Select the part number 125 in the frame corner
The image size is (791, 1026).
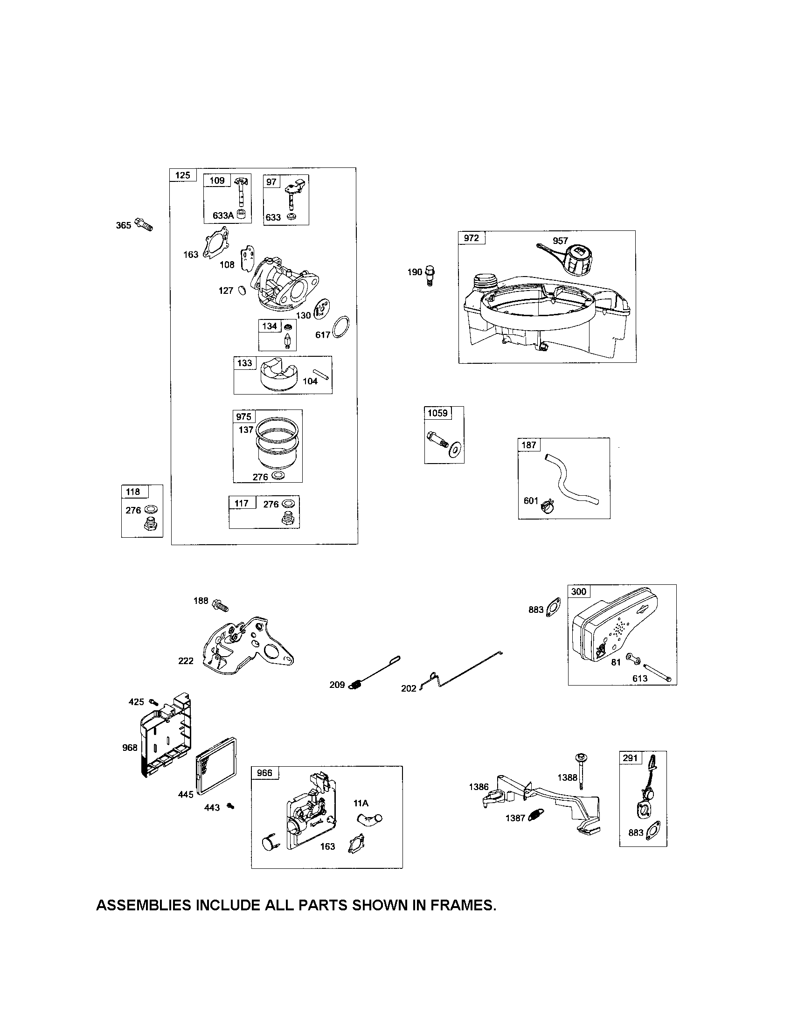183,175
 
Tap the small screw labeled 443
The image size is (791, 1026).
230,806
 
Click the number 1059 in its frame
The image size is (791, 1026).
437,413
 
